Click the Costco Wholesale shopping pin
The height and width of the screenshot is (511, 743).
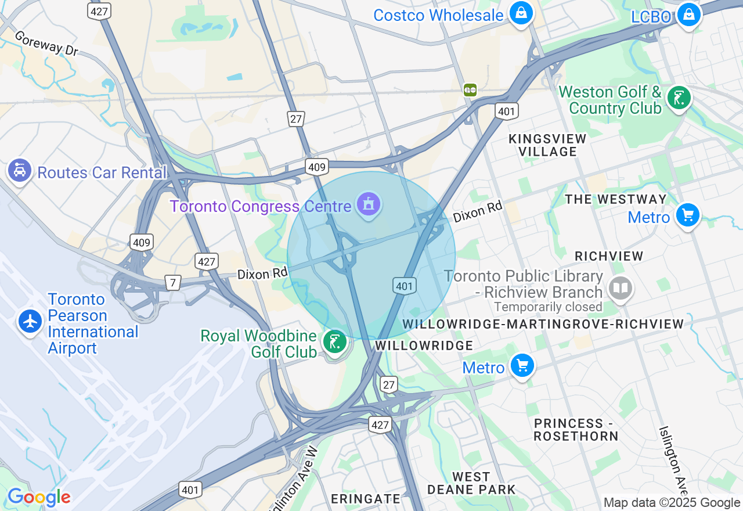(521, 13)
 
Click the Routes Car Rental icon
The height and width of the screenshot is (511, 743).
(20, 171)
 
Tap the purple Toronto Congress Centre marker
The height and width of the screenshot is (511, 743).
(369, 204)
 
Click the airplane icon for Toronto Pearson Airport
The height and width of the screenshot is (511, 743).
(30, 321)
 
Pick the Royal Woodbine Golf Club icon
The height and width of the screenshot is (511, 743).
(334, 341)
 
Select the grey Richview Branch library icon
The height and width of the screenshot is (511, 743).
(620, 287)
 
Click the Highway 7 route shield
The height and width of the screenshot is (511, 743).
(172, 283)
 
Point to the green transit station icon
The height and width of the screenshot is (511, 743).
(470, 89)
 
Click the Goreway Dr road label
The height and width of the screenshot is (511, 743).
(46, 44)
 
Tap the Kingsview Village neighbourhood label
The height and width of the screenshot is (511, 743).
(547, 145)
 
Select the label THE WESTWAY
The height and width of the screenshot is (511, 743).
(616, 199)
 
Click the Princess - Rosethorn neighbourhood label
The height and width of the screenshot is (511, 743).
(575, 430)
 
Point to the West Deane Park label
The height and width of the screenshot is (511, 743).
(471, 483)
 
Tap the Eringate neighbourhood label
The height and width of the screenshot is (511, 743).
(366, 499)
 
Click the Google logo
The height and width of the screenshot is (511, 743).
(39, 498)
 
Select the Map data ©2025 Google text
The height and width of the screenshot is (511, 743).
(672, 503)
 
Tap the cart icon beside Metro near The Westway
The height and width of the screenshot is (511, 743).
(687, 215)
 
